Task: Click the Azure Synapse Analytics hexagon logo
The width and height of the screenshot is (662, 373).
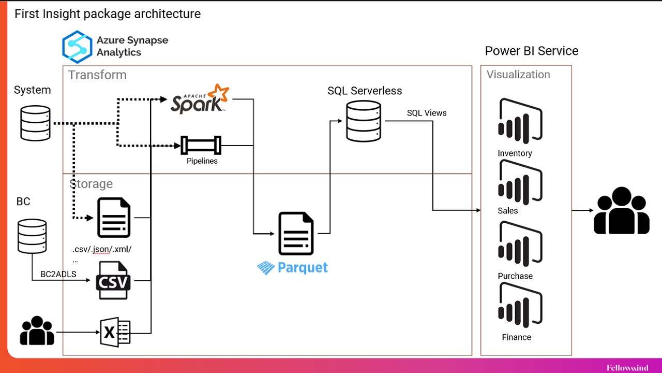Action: [77, 47]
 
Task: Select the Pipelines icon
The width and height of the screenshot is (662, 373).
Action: [201, 145]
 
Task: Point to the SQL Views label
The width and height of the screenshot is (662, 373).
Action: [427, 113]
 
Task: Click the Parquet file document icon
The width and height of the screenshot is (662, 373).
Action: [296, 234]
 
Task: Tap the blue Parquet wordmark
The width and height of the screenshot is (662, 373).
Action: [293, 267]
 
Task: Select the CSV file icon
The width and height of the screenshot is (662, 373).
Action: [113, 280]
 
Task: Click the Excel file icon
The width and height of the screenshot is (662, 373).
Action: [115, 332]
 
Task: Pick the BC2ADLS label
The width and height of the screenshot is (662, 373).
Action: [58, 274]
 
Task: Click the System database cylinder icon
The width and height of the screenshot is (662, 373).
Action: [35, 123]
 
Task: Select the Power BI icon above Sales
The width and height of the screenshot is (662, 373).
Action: [520, 181]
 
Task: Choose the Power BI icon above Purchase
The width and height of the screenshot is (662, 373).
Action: [520, 244]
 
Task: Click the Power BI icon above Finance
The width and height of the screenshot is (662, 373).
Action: [520, 306]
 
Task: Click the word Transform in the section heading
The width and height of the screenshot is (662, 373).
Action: [97, 75]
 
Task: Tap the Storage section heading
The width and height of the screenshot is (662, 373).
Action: [91, 184]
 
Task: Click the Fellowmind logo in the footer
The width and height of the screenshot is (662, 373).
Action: [627, 368]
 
